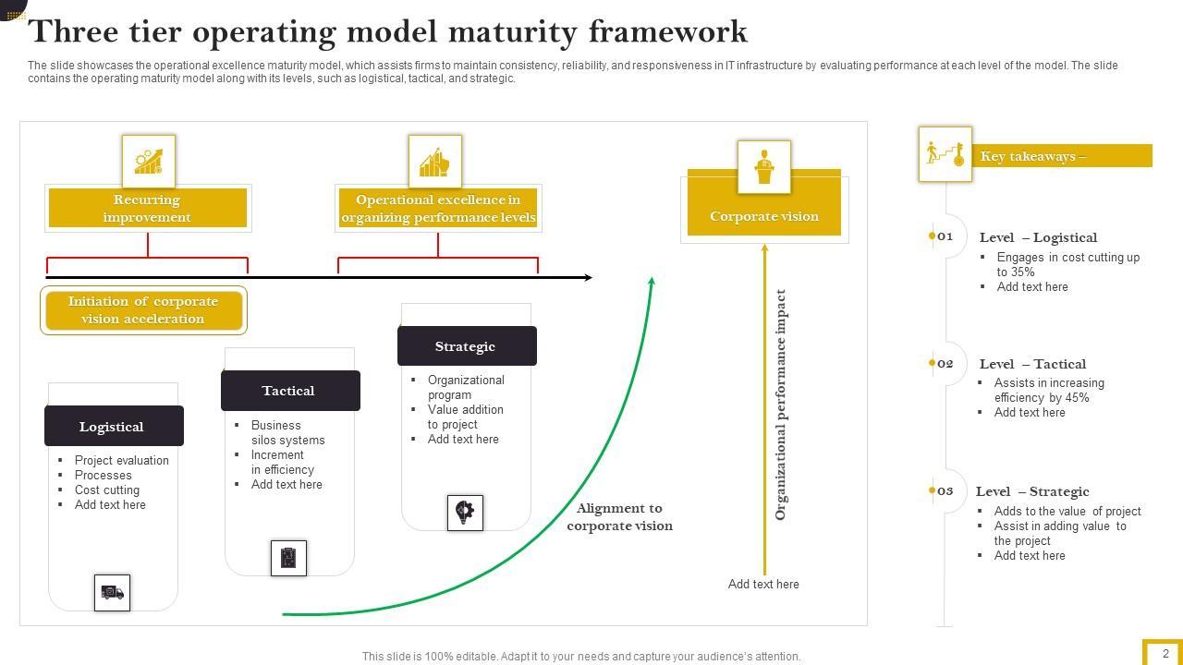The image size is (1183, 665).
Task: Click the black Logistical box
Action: pos(114,426)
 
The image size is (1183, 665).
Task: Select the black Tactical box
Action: pos(290,391)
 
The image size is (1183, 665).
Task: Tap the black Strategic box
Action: pos(467,346)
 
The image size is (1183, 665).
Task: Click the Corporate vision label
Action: pos(764,216)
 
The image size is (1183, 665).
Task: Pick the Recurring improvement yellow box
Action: pos(148,208)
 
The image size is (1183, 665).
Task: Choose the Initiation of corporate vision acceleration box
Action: pos(143,309)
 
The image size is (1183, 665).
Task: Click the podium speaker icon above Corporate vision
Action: pos(764,167)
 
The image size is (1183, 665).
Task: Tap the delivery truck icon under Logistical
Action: pos(113,593)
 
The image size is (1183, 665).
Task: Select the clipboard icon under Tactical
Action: pos(288,558)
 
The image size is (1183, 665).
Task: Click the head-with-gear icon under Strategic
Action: pos(465,512)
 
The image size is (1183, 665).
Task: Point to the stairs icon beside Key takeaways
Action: pos(945,153)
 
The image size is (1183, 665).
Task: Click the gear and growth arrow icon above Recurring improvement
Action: pos(149,161)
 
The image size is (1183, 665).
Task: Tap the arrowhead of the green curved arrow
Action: pos(652,281)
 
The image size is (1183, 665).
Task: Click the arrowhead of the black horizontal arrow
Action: pos(588,277)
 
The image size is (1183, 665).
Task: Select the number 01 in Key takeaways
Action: pos(945,236)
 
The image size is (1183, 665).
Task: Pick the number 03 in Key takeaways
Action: pos(945,490)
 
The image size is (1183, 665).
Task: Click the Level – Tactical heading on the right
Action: pos(1032,364)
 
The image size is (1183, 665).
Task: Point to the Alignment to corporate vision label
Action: pos(619,516)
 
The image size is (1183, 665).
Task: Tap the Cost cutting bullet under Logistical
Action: pos(107,490)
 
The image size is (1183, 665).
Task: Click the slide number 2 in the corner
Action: pos(1165,653)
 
